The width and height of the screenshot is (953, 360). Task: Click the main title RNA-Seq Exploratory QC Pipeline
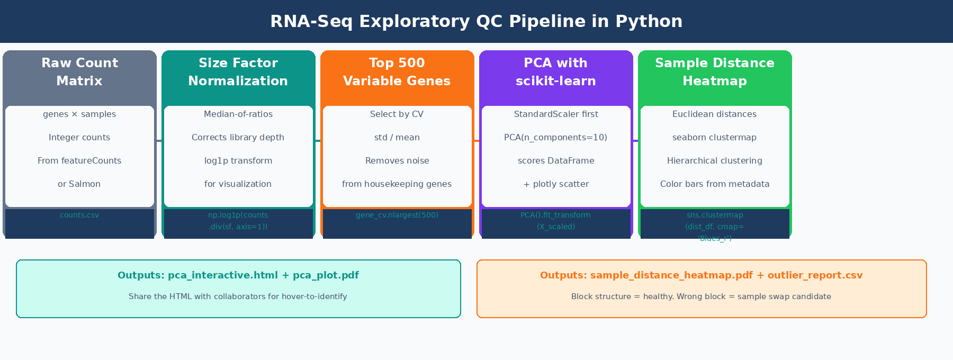coord(476,21)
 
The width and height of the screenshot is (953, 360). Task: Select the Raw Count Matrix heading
coord(79,72)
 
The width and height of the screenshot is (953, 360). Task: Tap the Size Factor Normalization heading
coord(238,72)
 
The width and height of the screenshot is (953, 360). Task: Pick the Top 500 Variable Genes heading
coord(397,72)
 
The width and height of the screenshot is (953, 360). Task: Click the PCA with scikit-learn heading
coord(556,72)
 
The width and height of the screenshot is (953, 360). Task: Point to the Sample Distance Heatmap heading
coord(715,72)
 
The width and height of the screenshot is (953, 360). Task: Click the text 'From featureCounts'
coord(79,161)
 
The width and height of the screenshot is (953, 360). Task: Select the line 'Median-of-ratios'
coord(238,114)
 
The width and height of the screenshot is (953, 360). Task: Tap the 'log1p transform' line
coord(238,161)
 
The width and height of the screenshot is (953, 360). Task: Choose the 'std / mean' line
coord(397,138)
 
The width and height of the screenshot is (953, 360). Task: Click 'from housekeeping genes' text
coord(397,184)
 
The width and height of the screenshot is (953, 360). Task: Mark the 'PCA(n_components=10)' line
coord(556,138)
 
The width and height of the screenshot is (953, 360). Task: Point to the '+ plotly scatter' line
coord(556,184)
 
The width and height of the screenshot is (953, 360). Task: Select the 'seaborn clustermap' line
coord(715,138)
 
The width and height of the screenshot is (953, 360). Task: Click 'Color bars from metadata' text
coord(715,184)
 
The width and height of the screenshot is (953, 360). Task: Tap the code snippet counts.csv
coord(79,215)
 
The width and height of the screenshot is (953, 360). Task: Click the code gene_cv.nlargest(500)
coord(397,215)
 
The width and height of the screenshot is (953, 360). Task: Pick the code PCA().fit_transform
coord(556,215)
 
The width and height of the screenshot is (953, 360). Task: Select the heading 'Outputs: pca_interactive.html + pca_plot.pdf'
coord(238,275)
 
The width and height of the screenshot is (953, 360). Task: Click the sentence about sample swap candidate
coord(701,296)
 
